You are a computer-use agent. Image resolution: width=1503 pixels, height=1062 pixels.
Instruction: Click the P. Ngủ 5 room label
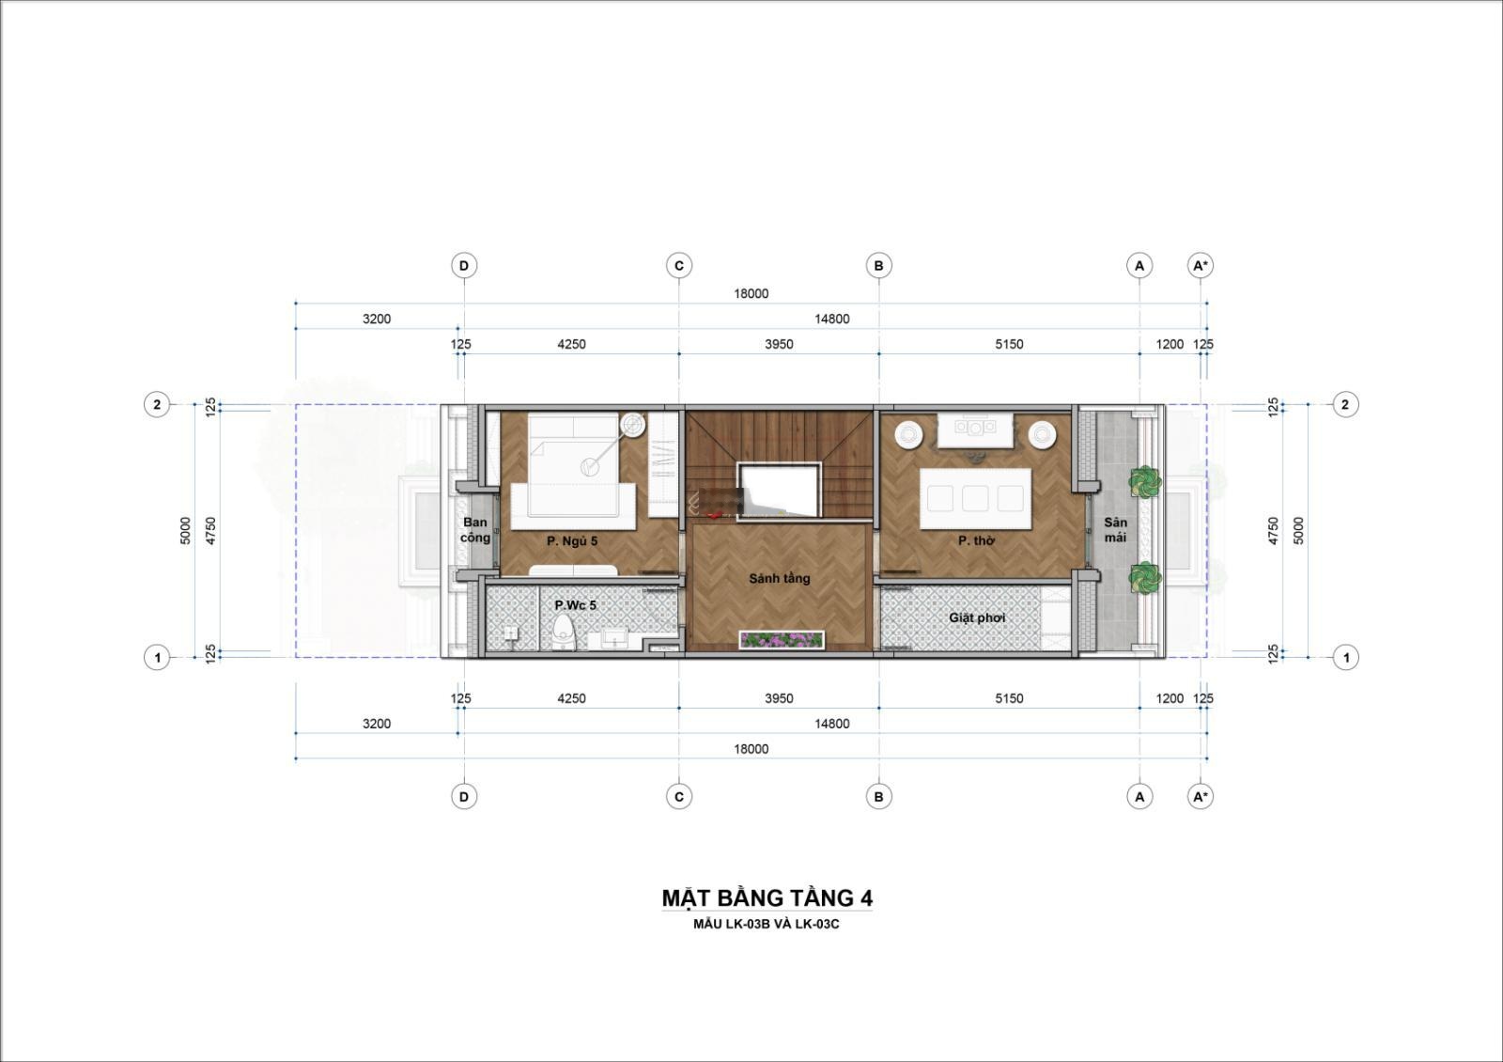point(572,540)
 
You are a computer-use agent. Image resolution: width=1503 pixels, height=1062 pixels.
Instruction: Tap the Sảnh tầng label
point(779,578)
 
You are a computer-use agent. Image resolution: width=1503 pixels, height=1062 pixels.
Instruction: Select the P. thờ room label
point(976,540)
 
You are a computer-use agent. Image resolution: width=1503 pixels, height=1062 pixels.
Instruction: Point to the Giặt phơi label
point(977,617)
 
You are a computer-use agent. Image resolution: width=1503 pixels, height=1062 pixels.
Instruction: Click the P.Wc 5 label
point(575,605)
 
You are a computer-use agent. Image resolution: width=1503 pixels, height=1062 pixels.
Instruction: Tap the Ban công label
point(475,530)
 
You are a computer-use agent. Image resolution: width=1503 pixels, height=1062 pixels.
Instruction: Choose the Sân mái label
point(1115,530)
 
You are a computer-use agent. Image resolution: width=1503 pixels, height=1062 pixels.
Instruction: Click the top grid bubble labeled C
point(679,266)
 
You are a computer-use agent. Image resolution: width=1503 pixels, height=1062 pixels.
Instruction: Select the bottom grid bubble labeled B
point(879,797)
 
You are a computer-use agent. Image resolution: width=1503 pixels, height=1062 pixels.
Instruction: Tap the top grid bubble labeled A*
point(1201,266)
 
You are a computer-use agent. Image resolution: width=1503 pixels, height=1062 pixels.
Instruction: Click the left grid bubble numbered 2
point(157,405)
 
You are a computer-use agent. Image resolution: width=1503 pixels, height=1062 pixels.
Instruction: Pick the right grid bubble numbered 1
point(1345,658)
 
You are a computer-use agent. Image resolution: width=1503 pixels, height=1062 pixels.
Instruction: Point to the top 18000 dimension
point(751,293)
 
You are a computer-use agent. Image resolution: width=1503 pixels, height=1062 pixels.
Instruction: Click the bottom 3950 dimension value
point(779,698)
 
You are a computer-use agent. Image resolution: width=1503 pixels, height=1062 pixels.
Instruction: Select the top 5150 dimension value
point(1009,344)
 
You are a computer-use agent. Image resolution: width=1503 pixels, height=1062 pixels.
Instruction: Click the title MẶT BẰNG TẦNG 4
point(767,898)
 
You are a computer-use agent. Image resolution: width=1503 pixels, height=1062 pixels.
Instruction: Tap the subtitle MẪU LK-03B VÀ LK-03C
point(767,925)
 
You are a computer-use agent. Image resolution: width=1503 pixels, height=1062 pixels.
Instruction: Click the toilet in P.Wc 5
point(565,633)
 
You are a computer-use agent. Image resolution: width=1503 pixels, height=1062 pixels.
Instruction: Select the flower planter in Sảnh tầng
point(782,640)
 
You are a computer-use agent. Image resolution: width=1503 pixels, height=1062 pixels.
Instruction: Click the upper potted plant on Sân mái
point(1145,481)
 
